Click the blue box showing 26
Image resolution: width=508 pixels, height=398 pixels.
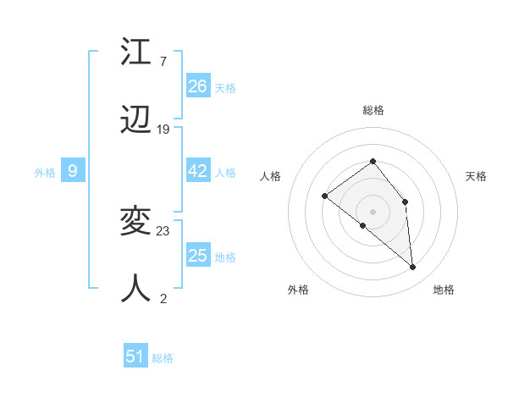click(198, 86)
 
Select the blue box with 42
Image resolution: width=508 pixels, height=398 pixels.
click(198, 171)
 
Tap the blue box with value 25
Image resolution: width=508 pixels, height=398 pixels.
click(198, 256)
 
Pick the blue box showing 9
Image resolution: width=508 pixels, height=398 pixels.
click(73, 171)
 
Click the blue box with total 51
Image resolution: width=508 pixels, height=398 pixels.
click(135, 357)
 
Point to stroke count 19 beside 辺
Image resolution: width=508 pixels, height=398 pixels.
click(163, 130)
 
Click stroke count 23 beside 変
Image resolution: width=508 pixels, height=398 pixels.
click(163, 230)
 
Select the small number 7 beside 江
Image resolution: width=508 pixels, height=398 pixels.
click(163, 61)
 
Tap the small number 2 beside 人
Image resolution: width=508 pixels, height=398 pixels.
click(163, 298)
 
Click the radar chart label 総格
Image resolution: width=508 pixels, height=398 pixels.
click(373, 110)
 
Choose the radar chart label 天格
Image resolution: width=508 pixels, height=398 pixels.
click(476, 176)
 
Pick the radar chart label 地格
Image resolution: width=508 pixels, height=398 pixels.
click(444, 290)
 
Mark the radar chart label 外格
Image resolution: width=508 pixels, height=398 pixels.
click(298, 290)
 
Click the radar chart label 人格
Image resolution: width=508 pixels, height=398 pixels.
click(270, 176)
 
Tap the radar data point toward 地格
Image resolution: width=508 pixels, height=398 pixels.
click(413, 268)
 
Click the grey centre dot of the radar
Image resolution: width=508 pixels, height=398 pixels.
click(373, 211)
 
